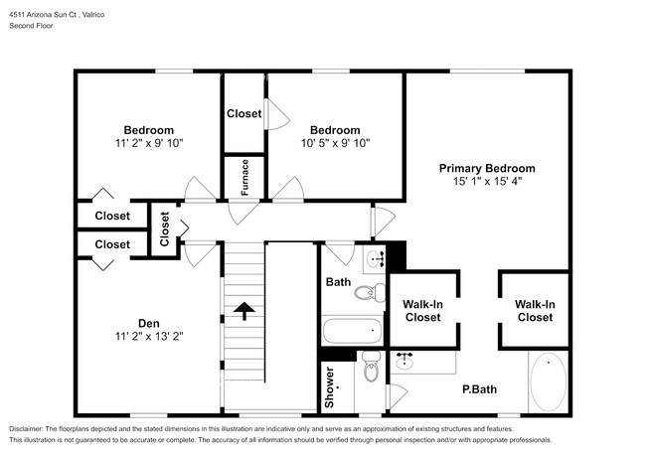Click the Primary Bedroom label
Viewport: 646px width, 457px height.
(x=487, y=168)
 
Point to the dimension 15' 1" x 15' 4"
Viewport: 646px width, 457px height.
(x=487, y=182)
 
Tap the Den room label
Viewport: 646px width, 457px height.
(x=148, y=321)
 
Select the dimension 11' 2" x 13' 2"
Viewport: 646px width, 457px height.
(x=148, y=336)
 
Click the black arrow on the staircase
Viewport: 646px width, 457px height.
(x=243, y=313)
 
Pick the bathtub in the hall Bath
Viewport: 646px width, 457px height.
(x=352, y=330)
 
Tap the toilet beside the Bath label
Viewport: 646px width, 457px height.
(x=371, y=291)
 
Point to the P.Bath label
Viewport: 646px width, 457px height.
(x=479, y=389)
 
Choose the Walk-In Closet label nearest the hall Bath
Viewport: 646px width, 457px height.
(x=422, y=310)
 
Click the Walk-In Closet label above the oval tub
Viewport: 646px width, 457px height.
(x=534, y=310)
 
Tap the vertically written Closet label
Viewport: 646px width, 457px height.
(x=165, y=228)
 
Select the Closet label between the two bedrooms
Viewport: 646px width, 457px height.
(x=243, y=113)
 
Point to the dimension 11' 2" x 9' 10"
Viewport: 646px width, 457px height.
(x=148, y=143)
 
